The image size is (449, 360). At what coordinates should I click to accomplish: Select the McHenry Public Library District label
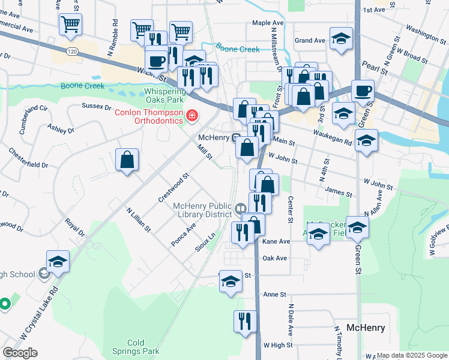202,210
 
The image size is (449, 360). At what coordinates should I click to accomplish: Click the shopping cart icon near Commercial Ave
70,25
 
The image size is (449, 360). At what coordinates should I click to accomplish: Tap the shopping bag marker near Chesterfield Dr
127,160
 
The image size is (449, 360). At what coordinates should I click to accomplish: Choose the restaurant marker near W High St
245,321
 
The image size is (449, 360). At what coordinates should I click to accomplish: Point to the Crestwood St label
173,187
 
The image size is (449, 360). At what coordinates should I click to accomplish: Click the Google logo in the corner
20,352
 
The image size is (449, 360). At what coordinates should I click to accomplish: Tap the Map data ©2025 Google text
412,355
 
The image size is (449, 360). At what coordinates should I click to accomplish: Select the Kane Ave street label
276,241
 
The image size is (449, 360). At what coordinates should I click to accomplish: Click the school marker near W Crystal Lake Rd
58,262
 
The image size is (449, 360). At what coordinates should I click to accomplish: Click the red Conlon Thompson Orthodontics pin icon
193,115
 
